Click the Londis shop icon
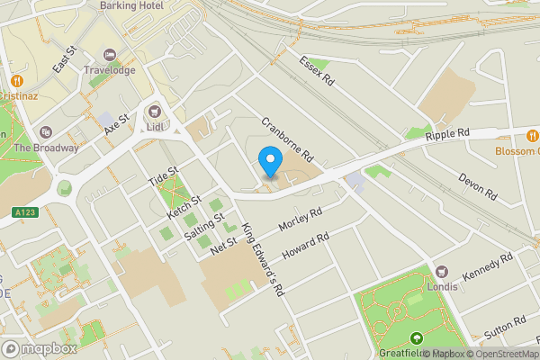coord(442,271)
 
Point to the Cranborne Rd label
coord(286,136)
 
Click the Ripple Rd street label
coord(449,133)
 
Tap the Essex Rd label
coord(316,71)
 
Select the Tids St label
coord(164,176)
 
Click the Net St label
coord(222,244)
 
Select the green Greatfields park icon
coord(417,338)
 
